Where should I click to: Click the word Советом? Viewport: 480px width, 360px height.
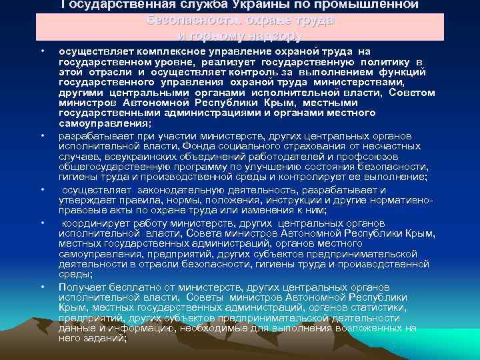pyautogui.click(x=411, y=92)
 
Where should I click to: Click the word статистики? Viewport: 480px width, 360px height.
pyautogui.click(x=374, y=307)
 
